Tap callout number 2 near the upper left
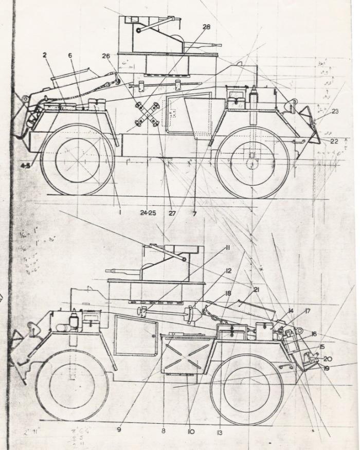point(45,55)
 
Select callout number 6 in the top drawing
point(70,56)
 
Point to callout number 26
point(121,56)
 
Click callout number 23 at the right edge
point(335,111)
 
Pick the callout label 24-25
point(148,213)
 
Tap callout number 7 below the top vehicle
point(194,213)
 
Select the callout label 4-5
point(24,166)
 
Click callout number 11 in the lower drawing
point(227,248)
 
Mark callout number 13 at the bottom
point(219,433)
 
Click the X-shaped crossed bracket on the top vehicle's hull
point(146,114)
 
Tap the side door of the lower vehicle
point(135,334)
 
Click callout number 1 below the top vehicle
point(120,212)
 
